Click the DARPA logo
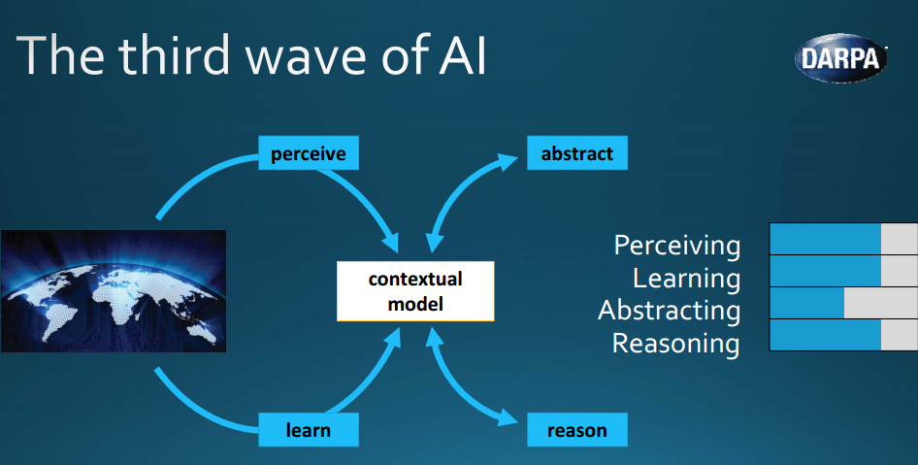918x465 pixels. coord(840,57)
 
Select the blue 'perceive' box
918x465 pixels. coord(309,153)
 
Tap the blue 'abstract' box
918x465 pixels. coord(577,153)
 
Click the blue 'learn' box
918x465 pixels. coord(309,430)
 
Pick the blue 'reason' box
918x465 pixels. coord(577,430)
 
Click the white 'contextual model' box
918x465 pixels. coord(415,291)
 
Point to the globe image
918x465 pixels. coord(113,291)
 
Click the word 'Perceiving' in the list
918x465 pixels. coord(677,246)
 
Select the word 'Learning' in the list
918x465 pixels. coord(687,279)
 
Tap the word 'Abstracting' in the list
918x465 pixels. coord(670,311)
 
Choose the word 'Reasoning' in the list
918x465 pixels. coord(675,344)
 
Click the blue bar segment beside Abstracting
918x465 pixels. coord(806,303)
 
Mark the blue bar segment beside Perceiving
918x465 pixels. coord(826,239)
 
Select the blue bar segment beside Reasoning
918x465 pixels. coord(826,335)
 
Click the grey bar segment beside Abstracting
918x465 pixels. coord(881,303)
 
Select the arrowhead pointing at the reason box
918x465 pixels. coord(508,417)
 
